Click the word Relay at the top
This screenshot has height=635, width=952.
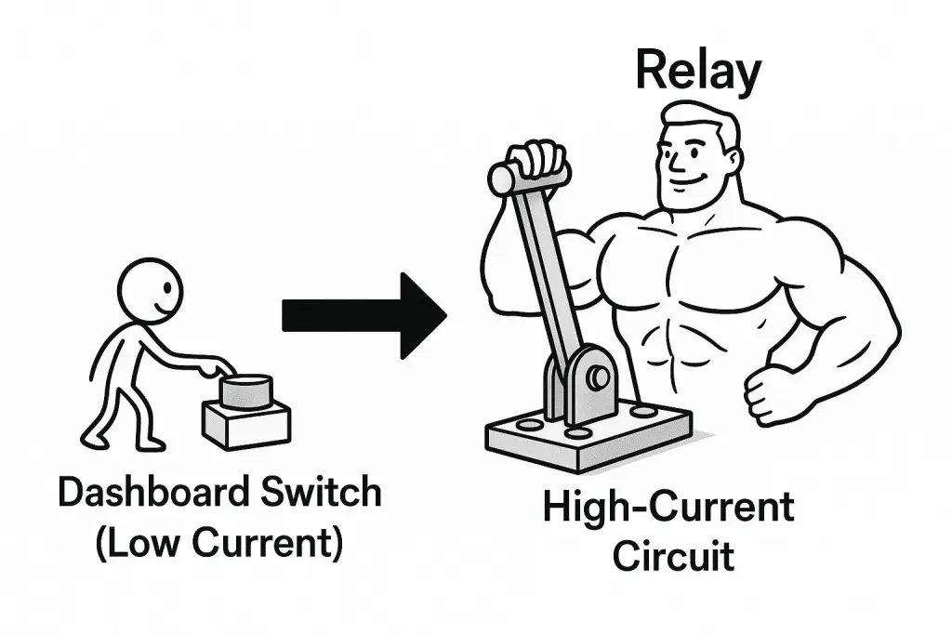(697, 72)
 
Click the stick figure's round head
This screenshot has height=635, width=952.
(151, 289)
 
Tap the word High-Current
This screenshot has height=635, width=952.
(669, 509)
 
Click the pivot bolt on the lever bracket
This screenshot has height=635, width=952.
(598, 376)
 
